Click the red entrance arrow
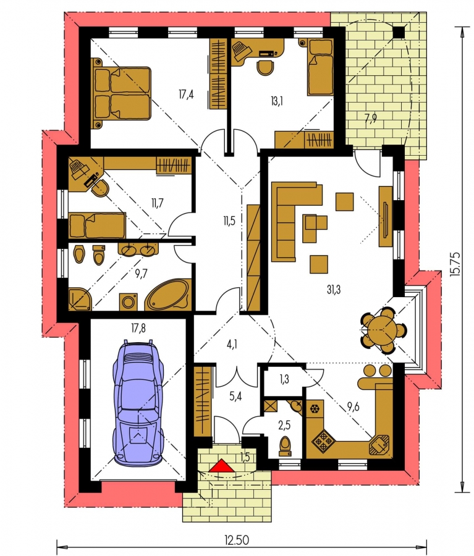221,466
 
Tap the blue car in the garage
138,402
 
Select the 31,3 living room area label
334,290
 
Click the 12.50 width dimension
237,541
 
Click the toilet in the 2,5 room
285,446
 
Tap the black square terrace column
399,32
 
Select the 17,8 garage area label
138,329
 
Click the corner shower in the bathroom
80,299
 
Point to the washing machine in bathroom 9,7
128,301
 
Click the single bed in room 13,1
320,67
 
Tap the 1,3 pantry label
284,379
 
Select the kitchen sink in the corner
379,444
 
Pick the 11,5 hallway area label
229,221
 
